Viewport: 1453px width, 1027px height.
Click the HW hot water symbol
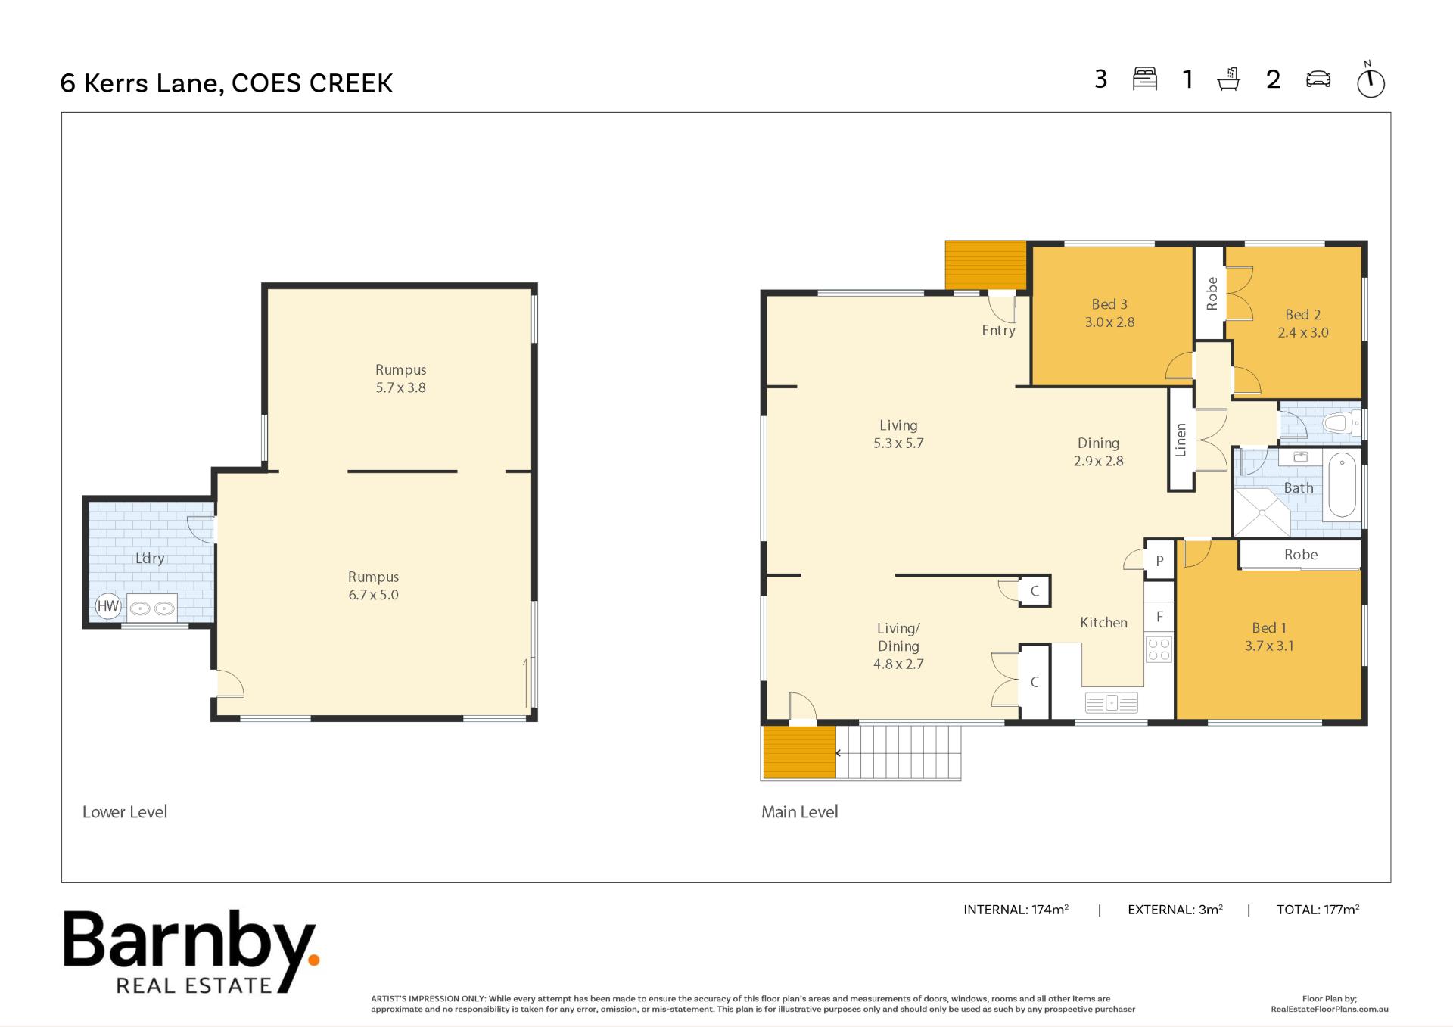tap(108, 605)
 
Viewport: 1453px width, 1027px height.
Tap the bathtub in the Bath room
tap(1342, 485)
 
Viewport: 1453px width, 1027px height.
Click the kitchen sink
tap(1111, 702)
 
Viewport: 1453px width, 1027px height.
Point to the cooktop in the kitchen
tap(1159, 649)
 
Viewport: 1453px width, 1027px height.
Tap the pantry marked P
tap(1159, 561)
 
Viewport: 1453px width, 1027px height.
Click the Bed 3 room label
tap(1109, 304)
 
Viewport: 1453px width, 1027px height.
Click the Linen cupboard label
tap(1181, 440)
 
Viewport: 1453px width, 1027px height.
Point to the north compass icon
tap(1371, 79)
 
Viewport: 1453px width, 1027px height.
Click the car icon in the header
tap(1318, 79)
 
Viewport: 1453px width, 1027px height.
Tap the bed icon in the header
tap(1145, 79)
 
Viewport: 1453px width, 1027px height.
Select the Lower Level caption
tap(125, 812)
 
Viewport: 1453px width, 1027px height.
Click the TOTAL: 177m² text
tap(1318, 909)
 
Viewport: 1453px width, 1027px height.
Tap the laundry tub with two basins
tap(151, 608)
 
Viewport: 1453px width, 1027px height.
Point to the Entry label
tap(998, 331)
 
